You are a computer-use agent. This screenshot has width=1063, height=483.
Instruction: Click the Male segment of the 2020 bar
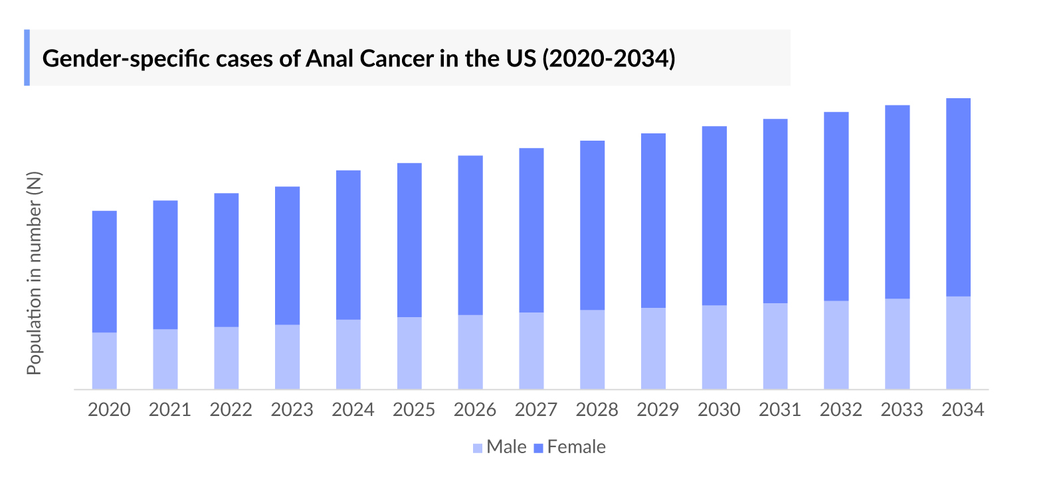click(x=104, y=360)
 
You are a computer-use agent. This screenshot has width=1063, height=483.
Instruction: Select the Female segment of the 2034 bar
click(x=958, y=197)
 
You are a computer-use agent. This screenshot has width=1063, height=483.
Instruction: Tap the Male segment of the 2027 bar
click(x=531, y=350)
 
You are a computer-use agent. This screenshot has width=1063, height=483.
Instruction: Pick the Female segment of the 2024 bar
click(x=348, y=245)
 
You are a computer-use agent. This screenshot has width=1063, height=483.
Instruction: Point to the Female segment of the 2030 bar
click(x=714, y=216)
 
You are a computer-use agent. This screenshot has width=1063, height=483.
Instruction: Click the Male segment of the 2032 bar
click(x=836, y=344)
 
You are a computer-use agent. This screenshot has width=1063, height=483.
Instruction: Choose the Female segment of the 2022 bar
click(x=226, y=259)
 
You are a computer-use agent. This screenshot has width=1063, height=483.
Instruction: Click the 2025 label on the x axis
click(x=414, y=410)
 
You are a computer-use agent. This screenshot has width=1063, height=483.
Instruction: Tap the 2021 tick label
click(x=170, y=410)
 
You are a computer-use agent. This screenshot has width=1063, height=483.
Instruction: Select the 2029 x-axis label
click(x=658, y=410)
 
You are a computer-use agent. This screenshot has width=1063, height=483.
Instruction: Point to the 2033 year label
click(x=902, y=410)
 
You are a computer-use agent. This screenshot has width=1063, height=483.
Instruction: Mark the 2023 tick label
click(x=292, y=410)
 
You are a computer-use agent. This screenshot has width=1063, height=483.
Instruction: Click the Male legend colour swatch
click(x=477, y=448)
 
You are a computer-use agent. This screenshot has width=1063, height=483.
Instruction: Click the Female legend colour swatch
click(x=538, y=448)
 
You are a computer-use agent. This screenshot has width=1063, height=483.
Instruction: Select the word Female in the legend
click(x=576, y=447)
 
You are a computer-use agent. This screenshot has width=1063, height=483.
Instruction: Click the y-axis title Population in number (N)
click(x=34, y=273)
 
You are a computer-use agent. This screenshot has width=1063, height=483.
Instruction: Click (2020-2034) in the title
click(x=609, y=58)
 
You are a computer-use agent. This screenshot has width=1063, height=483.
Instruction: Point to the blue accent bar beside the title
click(x=27, y=58)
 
